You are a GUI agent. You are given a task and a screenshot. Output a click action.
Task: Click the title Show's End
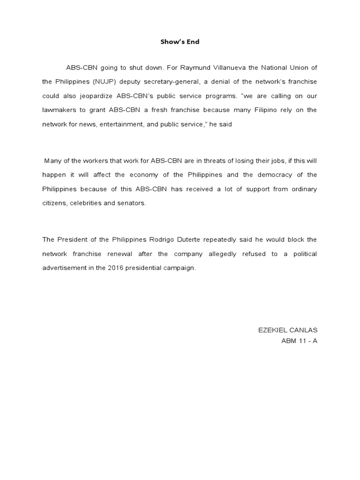(180, 42)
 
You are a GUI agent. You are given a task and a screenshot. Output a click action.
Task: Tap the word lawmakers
(59, 110)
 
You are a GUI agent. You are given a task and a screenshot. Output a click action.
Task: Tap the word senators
(133, 203)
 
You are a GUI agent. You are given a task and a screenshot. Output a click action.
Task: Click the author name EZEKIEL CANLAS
(288, 330)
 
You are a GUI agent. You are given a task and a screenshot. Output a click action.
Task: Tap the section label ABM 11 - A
(299, 341)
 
